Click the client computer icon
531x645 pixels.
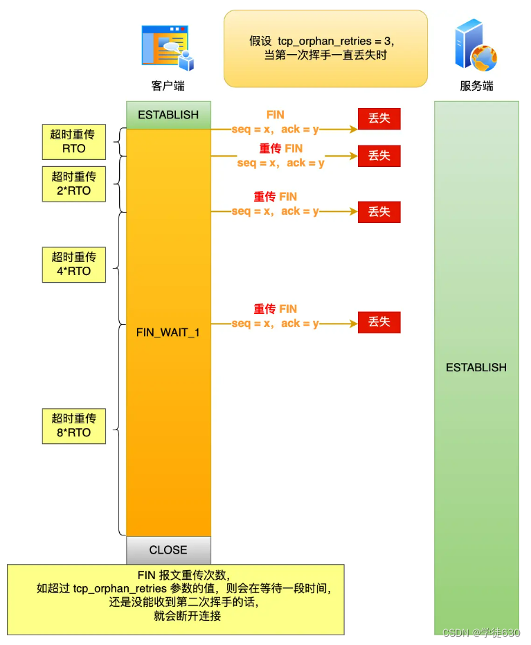pos(168,48)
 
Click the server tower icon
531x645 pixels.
pos(476,47)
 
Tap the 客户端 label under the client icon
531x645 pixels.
pos(168,86)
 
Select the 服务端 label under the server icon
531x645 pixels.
pos(476,86)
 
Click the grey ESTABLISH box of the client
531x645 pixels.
pos(168,115)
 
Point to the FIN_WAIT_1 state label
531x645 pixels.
pos(168,333)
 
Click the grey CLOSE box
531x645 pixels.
pos(168,550)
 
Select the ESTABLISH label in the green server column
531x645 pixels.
pos(476,367)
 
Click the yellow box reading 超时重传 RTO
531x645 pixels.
pos(73,142)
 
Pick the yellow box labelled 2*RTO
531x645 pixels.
pos(73,184)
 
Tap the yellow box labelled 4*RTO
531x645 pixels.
pos(73,265)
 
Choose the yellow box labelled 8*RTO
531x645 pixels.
pos(73,425)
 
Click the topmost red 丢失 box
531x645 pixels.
pos(379,118)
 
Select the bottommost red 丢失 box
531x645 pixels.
pos(379,322)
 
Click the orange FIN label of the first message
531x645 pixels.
pos(275,115)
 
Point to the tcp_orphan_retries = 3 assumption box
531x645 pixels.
pos(325,48)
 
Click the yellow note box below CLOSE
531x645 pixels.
pos(176,599)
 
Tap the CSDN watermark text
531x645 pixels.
pos(481,633)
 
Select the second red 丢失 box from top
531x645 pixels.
pos(379,156)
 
